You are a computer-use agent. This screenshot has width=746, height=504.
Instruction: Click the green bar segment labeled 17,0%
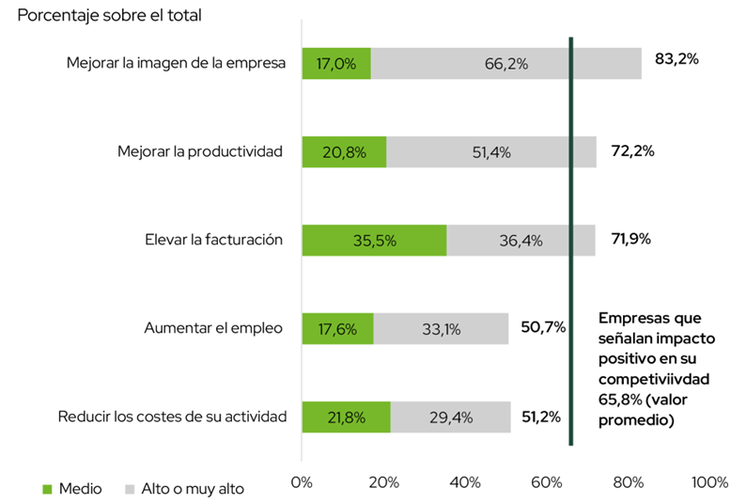click(x=336, y=64)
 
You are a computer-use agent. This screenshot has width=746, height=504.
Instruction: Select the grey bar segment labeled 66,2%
click(x=505, y=64)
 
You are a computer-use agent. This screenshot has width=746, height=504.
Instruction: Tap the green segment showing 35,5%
click(x=374, y=240)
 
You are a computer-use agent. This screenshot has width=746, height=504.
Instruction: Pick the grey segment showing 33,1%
click(x=441, y=328)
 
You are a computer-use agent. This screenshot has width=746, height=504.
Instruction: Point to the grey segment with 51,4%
click(x=490, y=152)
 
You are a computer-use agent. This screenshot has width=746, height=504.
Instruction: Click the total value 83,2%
click(x=676, y=59)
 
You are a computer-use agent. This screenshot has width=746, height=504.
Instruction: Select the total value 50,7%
click(x=542, y=327)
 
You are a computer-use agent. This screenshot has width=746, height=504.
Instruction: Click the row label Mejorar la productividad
click(x=199, y=151)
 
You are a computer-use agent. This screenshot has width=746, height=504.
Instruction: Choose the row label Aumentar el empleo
click(x=213, y=328)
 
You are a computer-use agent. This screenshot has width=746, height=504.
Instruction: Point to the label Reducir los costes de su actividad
click(x=172, y=417)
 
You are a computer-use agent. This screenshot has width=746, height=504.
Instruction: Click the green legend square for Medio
click(x=48, y=489)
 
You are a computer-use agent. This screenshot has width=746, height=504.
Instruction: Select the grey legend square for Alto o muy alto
click(x=130, y=489)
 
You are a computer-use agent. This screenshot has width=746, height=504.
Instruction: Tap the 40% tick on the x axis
click(x=465, y=482)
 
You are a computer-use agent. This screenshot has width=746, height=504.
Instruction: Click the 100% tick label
click(x=708, y=482)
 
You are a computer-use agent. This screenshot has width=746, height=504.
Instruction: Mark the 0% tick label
click(x=302, y=482)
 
